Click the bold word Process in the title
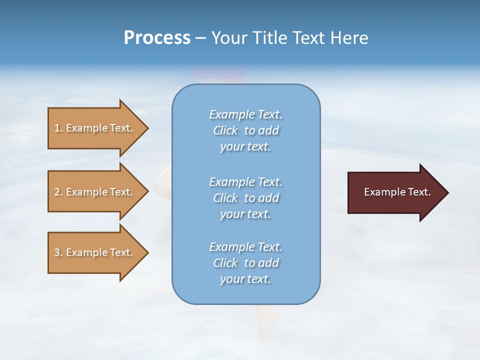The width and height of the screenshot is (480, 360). coord(157,38)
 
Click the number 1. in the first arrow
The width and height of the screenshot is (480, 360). coord(58,128)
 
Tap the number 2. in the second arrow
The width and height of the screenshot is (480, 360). coord(58,192)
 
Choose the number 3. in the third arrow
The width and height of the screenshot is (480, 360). coord(58,252)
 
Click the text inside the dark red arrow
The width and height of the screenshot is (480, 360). coord(397,192)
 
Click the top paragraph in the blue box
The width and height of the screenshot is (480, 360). coord(245,130)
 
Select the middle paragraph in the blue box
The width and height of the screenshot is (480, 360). coord(245,198)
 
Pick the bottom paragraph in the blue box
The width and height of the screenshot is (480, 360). coord(245,263)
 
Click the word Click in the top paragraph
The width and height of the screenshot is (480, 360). coord(225,130)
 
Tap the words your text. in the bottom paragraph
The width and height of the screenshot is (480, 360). coord(245,279)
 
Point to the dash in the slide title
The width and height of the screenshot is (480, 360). coord(201,38)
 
